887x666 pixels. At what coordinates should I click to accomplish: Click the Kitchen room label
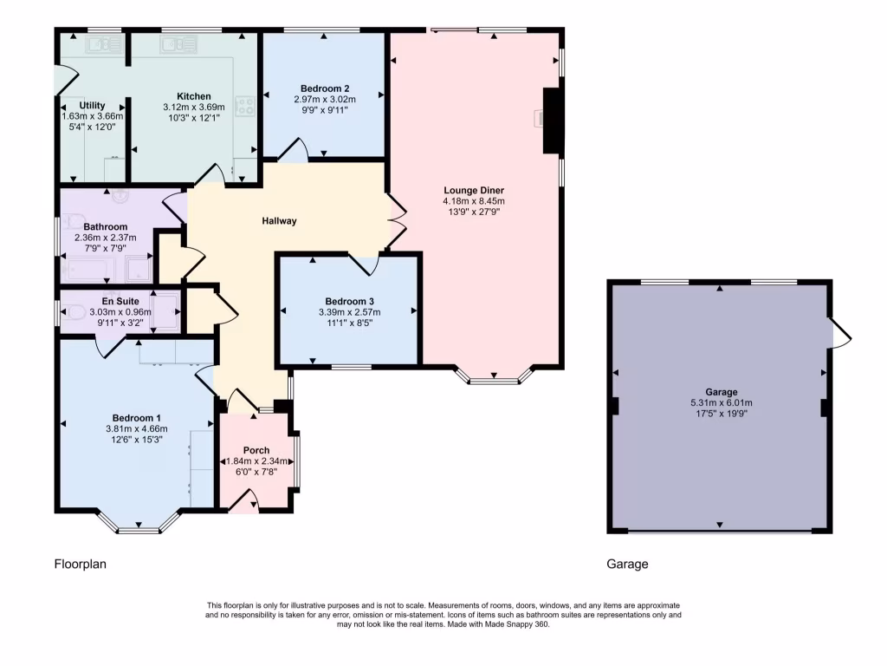(x=193, y=96)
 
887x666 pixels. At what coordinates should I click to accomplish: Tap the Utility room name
(x=92, y=105)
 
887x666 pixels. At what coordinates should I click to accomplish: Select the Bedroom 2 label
(x=325, y=88)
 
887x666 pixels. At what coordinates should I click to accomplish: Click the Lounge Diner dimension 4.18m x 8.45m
(x=473, y=200)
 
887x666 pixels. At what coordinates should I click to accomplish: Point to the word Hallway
(x=280, y=221)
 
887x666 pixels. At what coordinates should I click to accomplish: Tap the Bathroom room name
(x=106, y=227)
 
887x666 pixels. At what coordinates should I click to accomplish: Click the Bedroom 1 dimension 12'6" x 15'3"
(x=135, y=440)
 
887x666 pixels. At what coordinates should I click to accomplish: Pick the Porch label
(x=256, y=449)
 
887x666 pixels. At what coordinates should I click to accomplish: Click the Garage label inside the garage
(x=718, y=391)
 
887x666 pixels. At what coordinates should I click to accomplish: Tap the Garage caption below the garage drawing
(x=627, y=565)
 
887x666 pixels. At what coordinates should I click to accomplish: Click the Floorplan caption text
(x=81, y=565)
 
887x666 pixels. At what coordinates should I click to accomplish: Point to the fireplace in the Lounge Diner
(x=552, y=121)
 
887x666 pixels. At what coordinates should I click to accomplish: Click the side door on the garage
(x=838, y=333)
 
